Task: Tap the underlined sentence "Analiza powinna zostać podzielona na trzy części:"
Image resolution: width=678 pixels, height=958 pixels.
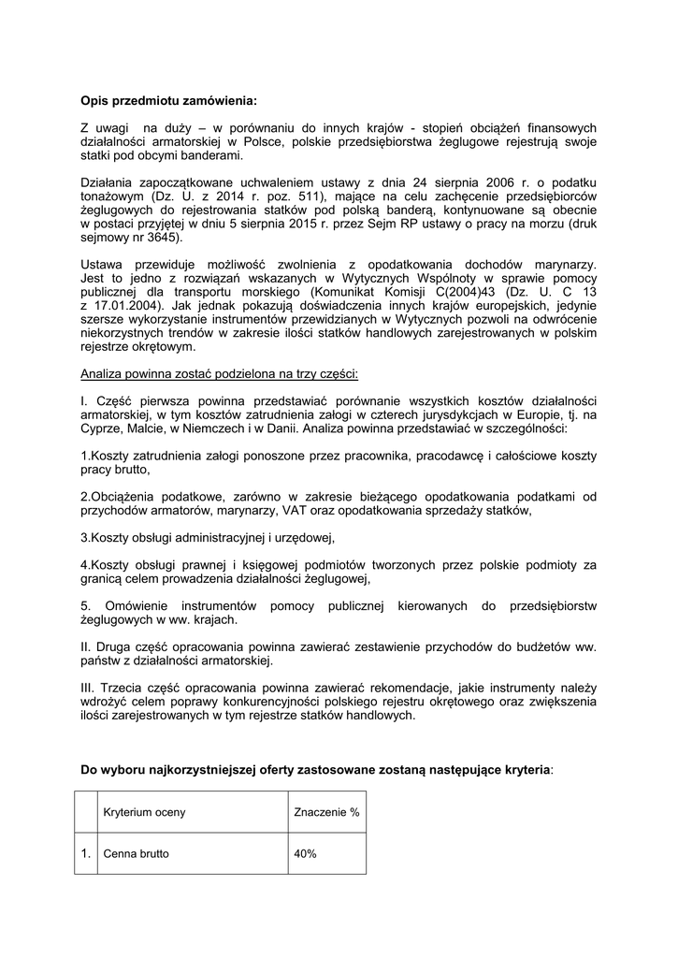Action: [x=220, y=373]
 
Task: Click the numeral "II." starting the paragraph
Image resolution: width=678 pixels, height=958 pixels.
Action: [x=87, y=646]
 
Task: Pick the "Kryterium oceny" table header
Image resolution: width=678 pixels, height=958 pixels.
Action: [x=145, y=812]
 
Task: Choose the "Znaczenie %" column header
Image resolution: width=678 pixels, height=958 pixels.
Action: [x=326, y=812]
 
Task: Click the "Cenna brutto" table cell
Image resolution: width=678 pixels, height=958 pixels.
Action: [x=137, y=854]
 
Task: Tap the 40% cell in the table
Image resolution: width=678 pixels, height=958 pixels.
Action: [x=306, y=854]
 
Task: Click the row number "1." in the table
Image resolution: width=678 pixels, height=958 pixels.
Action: [x=86, y=854]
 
